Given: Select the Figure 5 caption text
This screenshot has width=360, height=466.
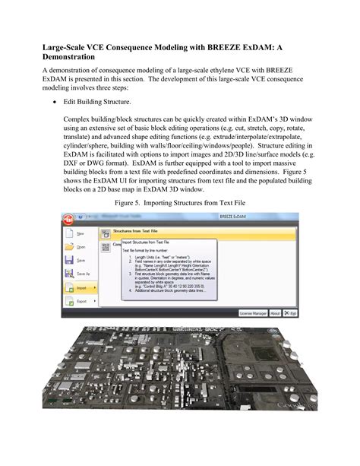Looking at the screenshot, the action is (180, 204).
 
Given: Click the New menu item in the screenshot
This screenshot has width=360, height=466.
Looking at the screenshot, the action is (80, 234).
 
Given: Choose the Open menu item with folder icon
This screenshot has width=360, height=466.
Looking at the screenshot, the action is (80, 247).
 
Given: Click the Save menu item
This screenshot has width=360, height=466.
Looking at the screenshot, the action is (80, 260).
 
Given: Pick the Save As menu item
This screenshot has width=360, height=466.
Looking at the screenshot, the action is (82, 273).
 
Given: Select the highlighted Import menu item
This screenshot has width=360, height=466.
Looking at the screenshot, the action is (81, 288).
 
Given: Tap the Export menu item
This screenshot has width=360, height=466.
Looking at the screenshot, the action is (81, 301).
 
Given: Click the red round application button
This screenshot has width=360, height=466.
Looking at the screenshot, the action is (69, 220).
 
